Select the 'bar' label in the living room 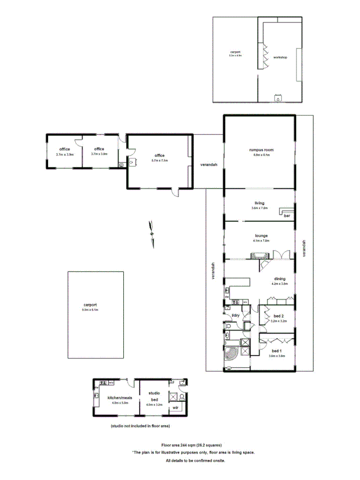coord(287,216)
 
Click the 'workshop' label coord(280,57)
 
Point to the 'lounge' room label coord(261,235)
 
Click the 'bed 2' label coord(279,316)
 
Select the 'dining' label coord(280,278)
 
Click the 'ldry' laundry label coord(235,316)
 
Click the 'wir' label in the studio coord(175,408)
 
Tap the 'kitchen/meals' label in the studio coord(120,398)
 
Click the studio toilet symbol coord(182,397)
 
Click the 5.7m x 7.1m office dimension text coord(159,160)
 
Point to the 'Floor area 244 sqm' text coord(191,445)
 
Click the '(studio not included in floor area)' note coord(140,426)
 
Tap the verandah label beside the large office coord(209,164)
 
